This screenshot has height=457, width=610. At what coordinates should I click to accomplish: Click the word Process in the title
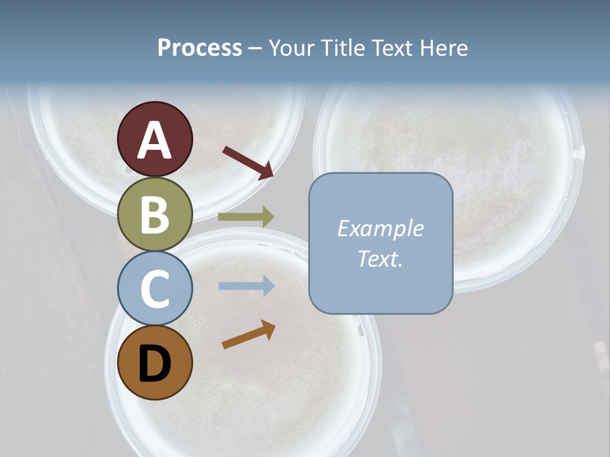coord(200,48)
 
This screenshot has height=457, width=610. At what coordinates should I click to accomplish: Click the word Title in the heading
coord(342,48)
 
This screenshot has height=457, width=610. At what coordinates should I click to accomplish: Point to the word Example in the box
coord(380,228)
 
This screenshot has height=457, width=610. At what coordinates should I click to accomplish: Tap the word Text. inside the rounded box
coord(380,258)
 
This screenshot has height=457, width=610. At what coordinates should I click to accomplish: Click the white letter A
coord(154,141)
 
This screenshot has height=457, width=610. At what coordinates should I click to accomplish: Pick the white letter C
coord(154,289)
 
